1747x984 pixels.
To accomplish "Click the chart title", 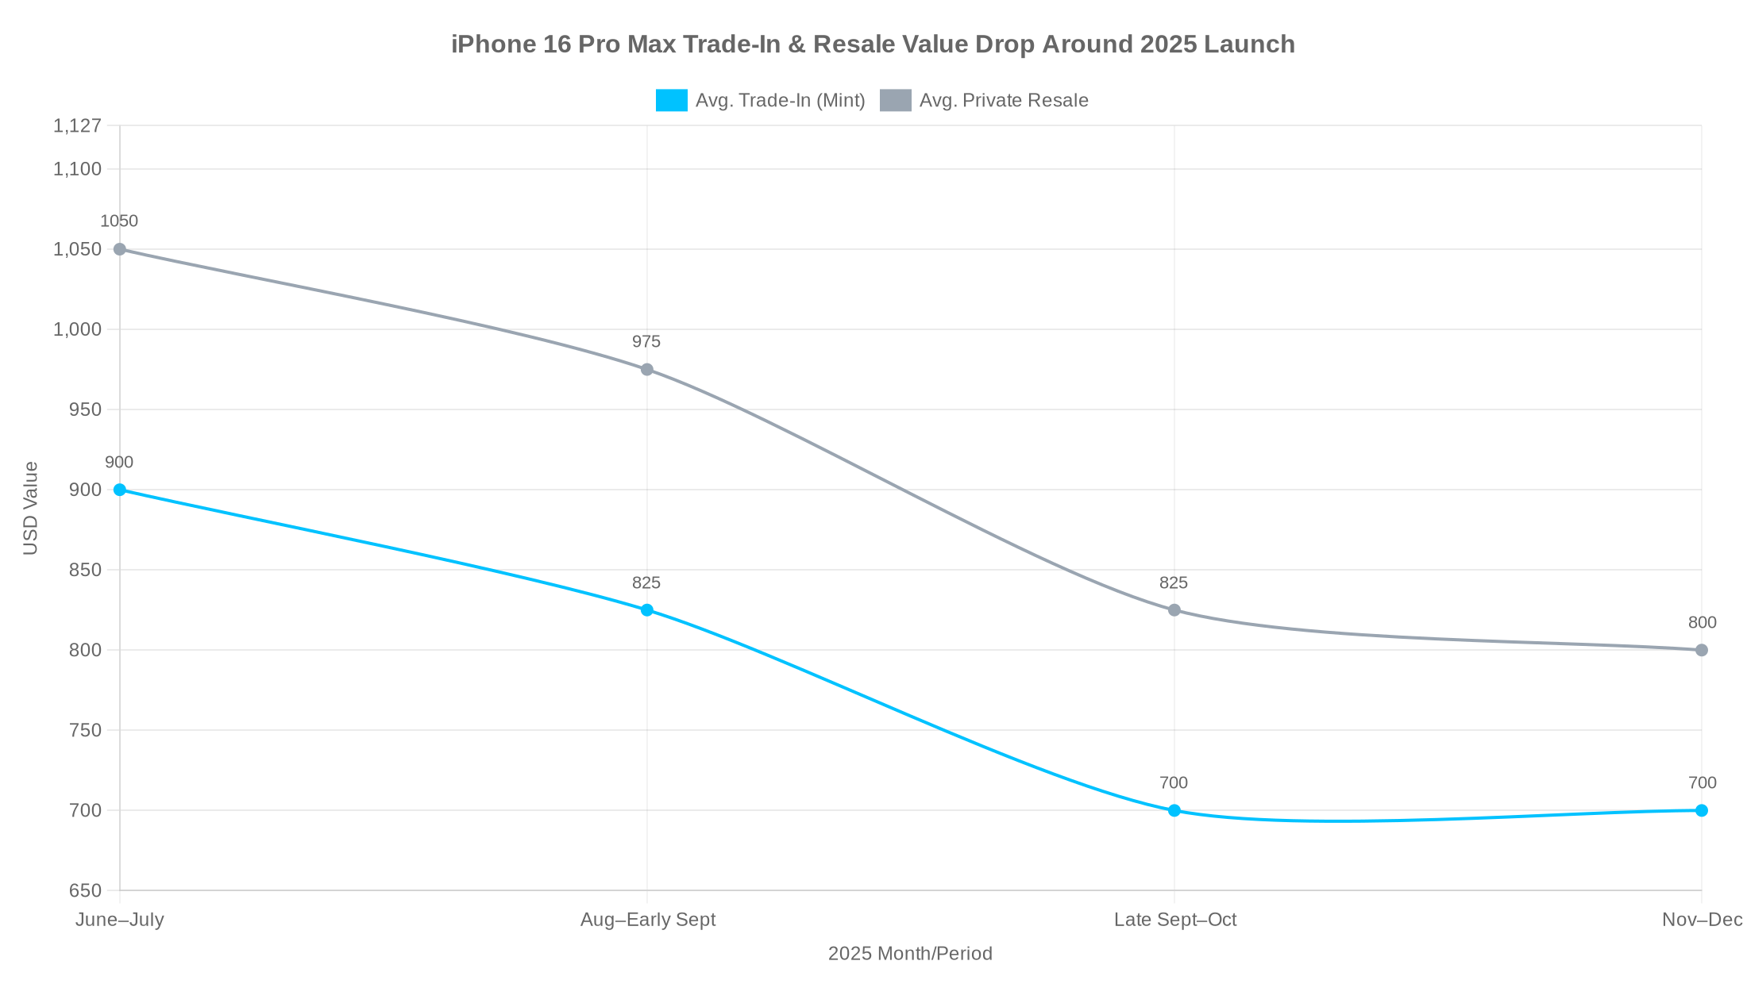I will (x=873, y=44).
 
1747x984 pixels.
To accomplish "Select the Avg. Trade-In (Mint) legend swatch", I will (x=671, y=101).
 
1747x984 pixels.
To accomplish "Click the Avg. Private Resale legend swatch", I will (x=895, y=101).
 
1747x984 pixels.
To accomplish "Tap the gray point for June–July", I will (x=120, y=249).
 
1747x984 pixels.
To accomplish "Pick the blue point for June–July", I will (x=120, y=490).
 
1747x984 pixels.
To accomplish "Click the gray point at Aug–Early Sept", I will (x=647, y=370).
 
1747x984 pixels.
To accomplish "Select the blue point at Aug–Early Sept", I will (x=647, y=610).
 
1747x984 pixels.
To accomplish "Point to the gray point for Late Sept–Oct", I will (x=1174, y=610).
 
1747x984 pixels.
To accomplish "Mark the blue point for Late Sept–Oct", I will (x=1174, y=810).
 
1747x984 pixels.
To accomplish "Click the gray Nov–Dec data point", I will (x=1702, y=650).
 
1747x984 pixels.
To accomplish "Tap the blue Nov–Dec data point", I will (x=1702, y=810).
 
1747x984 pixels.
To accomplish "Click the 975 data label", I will (x=646, y=342).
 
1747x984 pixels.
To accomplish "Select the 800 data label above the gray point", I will (x=1702, y=623).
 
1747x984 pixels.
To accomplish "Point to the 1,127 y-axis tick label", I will (x=78, y=125).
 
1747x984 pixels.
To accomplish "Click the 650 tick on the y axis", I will (x=86, y=890).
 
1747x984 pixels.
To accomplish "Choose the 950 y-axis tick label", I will (x=86, y=409).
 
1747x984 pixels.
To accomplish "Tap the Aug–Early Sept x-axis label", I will (x=648, y=920).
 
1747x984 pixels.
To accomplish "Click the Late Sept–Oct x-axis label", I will (x=1175, y=920).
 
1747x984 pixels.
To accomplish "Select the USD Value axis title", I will (x=31, y=508).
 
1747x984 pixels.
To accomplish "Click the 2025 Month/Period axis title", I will (x=910, y=954).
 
